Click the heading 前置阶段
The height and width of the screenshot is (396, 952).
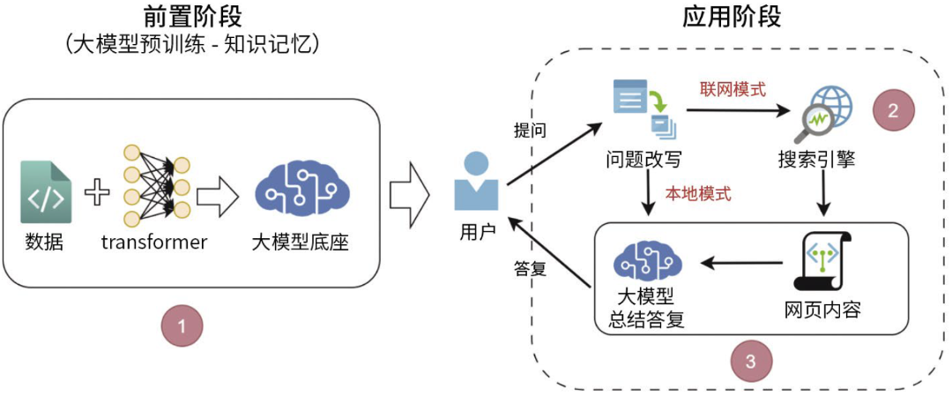tap(192, 17)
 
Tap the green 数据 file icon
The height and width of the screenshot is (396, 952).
tap(45, 191)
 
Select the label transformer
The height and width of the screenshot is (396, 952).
tap(153, 241)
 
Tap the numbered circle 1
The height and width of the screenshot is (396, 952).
tap(182, 325)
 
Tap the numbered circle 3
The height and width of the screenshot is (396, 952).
tap(750, 360)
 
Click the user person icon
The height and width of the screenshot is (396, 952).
tap(476, 181)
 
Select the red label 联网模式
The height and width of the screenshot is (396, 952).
tap(733, 89)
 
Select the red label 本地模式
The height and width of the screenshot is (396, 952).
tap(698, 194)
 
